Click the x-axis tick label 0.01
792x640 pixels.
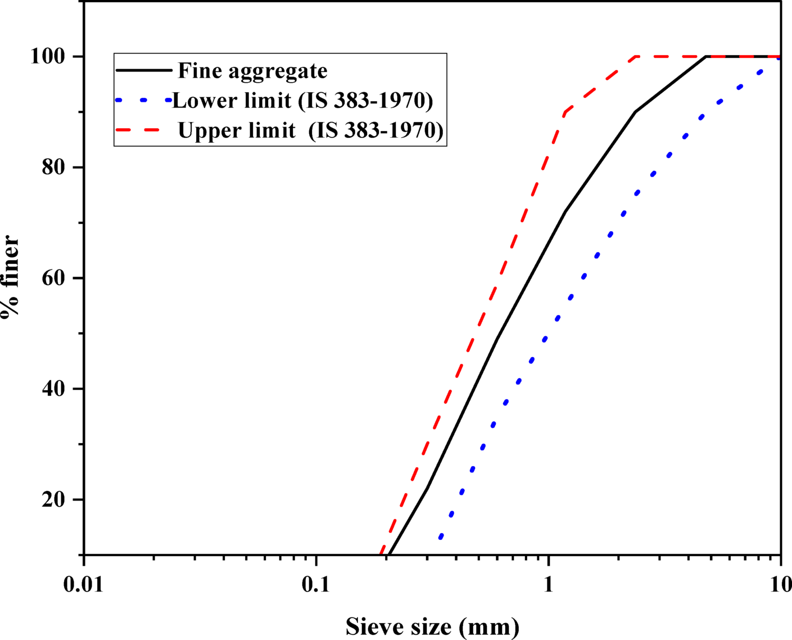pyautogui.click(x=83, y=585)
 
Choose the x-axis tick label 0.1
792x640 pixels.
pyautogui.click(x=316, y=585)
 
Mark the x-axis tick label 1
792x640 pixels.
pyautogui.click(x=549, y=585)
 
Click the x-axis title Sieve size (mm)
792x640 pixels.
pyautogui.click(x=432, y=626)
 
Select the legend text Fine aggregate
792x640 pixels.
pyautogui.click(x=252, y=71)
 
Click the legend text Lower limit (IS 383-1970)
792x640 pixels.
pyautogui.click(x=302, y=100)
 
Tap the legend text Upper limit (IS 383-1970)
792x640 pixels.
pyautogui.click(x=310, y=130)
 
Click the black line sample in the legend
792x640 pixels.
pyautogui.click(x=143, y=70)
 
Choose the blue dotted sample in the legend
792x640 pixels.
pyautogui.click(x=143, y=100)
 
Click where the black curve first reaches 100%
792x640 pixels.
pyautogui.click(x=706, y=57)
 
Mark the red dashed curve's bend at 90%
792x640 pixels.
pyautogui.click(x=564, y=112)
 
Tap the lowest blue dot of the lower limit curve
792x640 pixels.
pyautogui.click(x=441, y=537)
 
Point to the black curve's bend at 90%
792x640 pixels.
pyautogui.click(x=635, y=112)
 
